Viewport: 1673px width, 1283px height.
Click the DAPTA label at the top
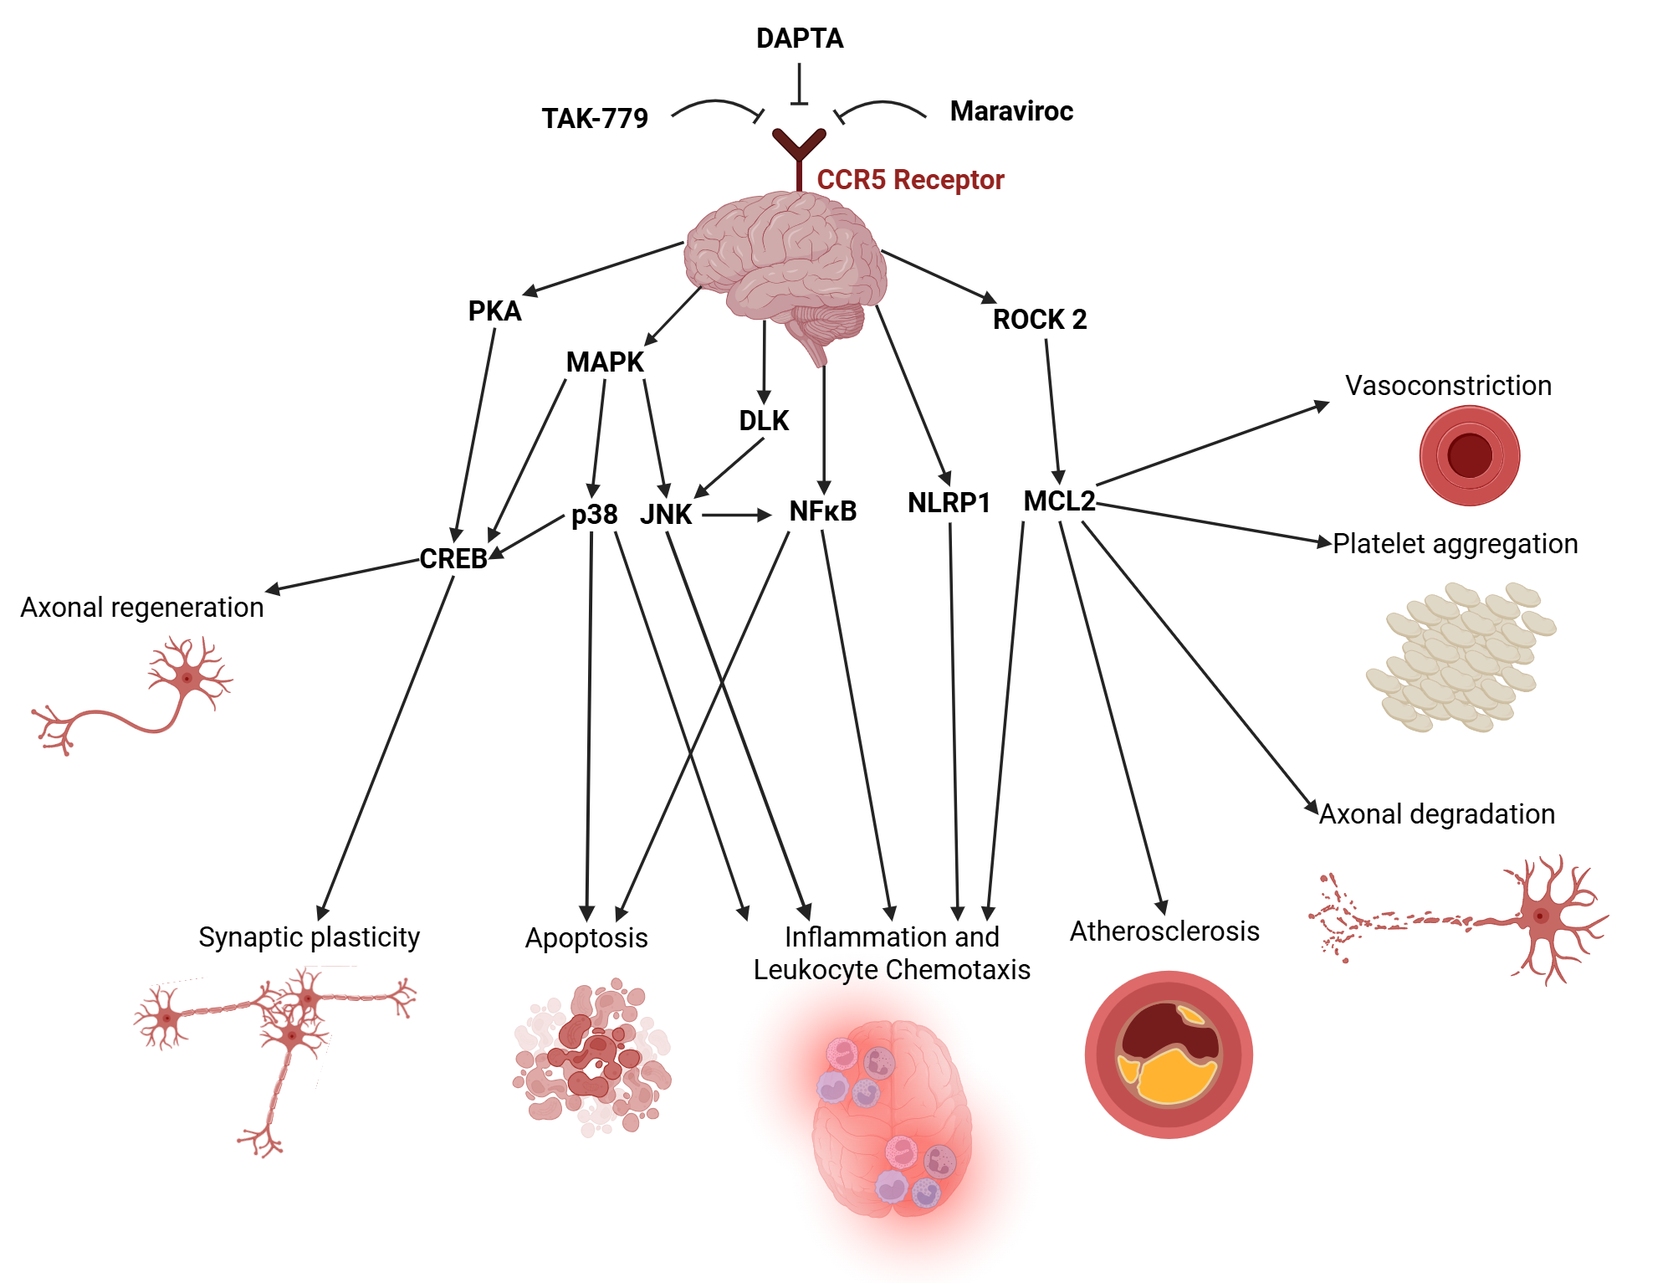coord(799,38)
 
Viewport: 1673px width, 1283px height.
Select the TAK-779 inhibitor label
coord(595,119)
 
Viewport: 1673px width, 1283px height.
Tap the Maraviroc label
coord(1011,111)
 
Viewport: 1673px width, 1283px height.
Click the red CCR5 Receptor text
coord(910,180)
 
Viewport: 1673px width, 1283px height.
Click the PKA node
coord(494,311)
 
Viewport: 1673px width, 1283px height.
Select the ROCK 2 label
coord(1039,320)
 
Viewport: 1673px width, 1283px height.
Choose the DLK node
coord(764,421)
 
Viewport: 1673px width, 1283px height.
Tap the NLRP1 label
coord(949,503)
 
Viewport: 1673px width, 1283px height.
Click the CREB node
coord(453,558)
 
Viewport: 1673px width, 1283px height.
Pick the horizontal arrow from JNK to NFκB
coord(736,516)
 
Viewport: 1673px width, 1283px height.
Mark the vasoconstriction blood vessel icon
coord(1469,455)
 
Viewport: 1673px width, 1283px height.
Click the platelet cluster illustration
coord(1461,657)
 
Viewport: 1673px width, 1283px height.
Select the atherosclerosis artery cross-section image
coord(1168,1055)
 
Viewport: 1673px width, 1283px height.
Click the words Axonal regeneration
coord(142,608)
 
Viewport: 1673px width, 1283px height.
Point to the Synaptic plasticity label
coord(309,937)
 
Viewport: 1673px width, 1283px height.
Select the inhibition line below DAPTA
coord(799,86)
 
